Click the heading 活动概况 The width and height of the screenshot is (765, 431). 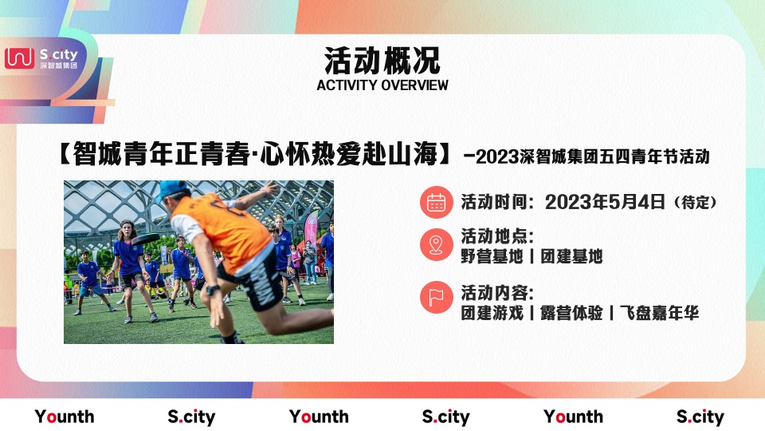tap(382, 60)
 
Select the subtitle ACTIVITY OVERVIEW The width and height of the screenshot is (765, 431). tap(382, 85)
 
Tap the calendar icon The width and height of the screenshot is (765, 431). tap(436, 202)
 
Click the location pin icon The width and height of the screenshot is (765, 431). tap(436, 245)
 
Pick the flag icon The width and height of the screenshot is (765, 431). tap(436, 298)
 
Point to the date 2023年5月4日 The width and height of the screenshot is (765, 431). tap(605, 202)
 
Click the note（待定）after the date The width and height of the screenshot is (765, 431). tap(695, 203)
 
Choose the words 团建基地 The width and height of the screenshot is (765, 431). tap(571, 256)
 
